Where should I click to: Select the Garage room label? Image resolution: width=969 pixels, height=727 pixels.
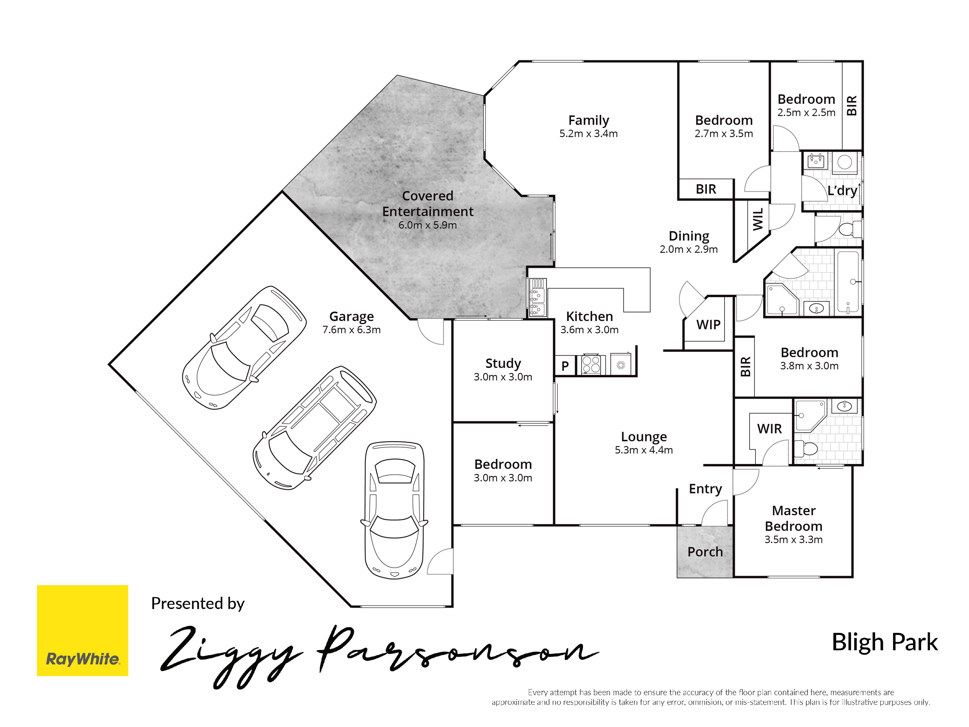point(351,316)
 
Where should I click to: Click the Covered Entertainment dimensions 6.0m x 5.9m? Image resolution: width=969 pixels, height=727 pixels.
point(428,225)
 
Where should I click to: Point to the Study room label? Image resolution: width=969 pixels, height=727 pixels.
point(503,363)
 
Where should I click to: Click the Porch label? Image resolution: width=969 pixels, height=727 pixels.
point(705,552)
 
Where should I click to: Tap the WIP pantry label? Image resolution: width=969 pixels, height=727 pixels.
point(708,325)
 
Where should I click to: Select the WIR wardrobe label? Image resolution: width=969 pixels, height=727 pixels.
point(769,429)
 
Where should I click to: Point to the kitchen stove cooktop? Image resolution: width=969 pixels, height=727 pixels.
point(591,365)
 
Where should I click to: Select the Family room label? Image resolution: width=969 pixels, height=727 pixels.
point(588,120)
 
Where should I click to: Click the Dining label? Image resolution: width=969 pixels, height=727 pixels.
point(689,236)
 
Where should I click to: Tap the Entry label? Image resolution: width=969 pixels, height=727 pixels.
point(705,489)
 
